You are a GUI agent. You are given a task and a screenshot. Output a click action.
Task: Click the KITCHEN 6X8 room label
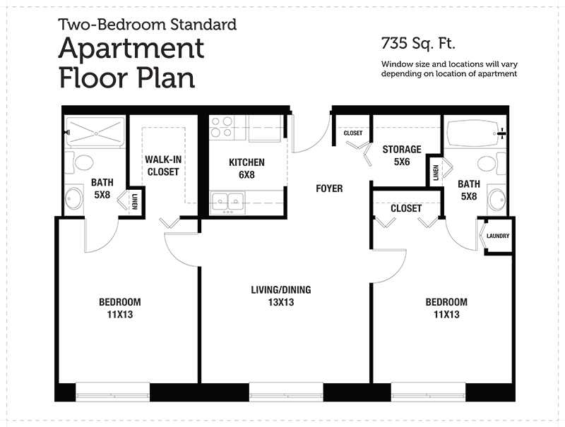(x=246, y=169)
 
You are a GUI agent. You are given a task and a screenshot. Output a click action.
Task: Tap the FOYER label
(x=329, y=188)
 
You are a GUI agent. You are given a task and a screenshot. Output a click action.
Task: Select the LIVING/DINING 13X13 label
(x=281, y=296)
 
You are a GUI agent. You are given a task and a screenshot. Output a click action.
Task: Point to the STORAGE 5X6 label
(x=402, y=155)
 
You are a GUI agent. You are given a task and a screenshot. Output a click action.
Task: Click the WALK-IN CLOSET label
(x=163, y=166)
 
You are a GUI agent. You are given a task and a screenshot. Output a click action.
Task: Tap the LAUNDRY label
(x=498, y=236)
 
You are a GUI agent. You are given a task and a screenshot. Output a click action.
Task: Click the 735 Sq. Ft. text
(x=418, y=43)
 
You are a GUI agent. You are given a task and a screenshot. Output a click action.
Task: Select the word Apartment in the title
(x=131, y=49)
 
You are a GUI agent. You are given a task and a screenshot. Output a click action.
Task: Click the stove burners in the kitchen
(x=221, y=128)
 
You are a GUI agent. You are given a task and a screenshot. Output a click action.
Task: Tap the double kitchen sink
(x=228, y=203)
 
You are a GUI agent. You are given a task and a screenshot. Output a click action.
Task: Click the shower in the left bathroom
(x=95, y=133)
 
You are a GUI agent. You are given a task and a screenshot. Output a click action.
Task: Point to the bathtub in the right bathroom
(x=474, y=133)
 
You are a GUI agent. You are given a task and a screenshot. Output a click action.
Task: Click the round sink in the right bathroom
(x=497, y=199)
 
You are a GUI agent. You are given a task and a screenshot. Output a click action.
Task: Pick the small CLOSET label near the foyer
(x=353, y=133)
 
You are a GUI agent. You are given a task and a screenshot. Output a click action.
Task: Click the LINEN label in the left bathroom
(x=135, y=202)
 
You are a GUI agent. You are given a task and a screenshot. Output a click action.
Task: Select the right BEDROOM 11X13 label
(x=446, y=308)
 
